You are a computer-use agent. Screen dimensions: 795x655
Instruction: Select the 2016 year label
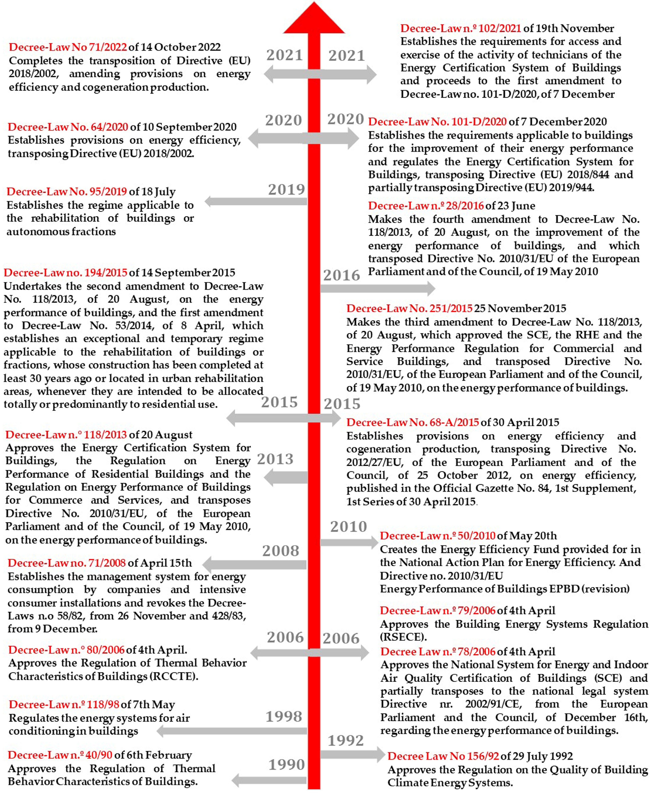pyautogui.click(x=342, y=275)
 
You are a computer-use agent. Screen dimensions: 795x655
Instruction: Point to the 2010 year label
pyautogui.click(x=348, y=527)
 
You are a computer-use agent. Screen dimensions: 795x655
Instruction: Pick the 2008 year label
pyautogui.click(x=281, y=551)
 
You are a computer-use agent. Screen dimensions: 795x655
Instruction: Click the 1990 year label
pyautogui.click(x=286, y=765)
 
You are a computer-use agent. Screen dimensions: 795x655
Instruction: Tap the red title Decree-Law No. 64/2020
pyautogui.click(x=68, y=127)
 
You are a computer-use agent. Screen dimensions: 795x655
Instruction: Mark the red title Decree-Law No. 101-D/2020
pyautogui.click(x=437, y=122)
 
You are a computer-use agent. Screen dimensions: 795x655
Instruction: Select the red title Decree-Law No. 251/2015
pyautogui.click(x=409, y=308)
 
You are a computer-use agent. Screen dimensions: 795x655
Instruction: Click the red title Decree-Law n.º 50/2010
pyautogui.click(x=437, y=536)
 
